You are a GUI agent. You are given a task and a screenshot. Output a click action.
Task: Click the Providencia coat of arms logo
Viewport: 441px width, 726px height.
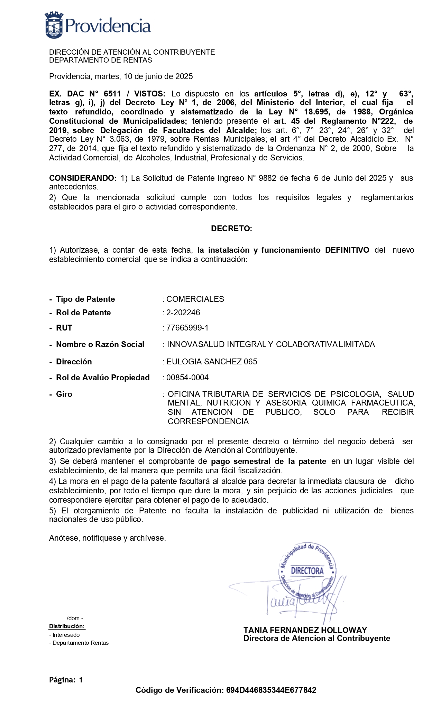54,25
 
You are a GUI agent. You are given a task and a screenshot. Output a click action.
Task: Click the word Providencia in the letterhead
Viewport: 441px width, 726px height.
108,26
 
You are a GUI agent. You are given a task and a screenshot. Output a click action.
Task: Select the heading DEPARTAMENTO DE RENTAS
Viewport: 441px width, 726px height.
100,60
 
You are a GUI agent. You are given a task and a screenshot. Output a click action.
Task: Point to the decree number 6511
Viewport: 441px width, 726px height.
112,94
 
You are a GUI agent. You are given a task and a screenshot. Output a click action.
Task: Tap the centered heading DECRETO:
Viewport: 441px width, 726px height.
231,229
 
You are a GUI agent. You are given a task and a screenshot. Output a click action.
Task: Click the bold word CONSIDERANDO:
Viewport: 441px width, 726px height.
83,178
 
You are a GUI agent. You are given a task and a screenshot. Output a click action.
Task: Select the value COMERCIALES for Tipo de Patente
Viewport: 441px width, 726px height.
195,299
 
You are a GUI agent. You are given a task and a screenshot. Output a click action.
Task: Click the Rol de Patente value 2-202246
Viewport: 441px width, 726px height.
183,313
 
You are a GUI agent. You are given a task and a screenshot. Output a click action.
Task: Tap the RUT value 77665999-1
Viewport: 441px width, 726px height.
187,328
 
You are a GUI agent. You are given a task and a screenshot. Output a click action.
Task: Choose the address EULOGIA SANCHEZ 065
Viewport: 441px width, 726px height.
212,362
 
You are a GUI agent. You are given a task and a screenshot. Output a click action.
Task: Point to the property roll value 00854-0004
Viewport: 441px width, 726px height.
187,378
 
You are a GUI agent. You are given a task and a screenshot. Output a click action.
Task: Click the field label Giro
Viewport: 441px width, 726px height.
64,394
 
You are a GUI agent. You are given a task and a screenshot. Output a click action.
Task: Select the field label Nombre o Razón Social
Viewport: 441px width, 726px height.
100,344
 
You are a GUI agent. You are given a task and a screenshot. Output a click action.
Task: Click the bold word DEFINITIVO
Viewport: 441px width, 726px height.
347,250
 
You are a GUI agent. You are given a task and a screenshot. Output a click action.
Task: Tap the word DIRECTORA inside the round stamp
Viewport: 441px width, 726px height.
307,570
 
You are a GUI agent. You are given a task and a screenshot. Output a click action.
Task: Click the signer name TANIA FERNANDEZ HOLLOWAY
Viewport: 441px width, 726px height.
305,630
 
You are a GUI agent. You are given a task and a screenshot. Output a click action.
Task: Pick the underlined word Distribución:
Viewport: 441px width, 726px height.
67,626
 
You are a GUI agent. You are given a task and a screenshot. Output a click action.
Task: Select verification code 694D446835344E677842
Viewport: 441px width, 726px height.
271,690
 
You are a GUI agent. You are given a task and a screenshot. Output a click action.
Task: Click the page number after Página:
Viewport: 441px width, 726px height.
81,680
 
